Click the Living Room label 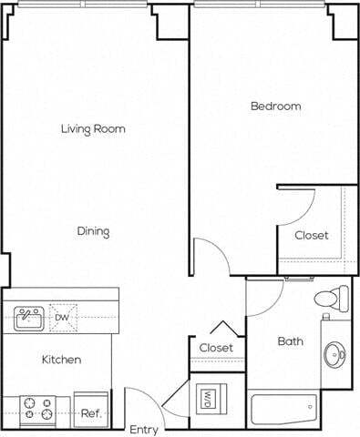point(93,129)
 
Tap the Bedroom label point(275,107)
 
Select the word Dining point(93,231)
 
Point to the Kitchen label point(61,360)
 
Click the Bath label point(291,342)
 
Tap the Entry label point(143,429)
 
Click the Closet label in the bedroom point(312,235)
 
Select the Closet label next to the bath point(216,348)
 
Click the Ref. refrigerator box point(90,411)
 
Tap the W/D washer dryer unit point(208,398)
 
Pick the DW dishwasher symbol point(63,317)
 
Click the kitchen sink point(29,318)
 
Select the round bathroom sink point(336,351)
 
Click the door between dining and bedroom point(208,256)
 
